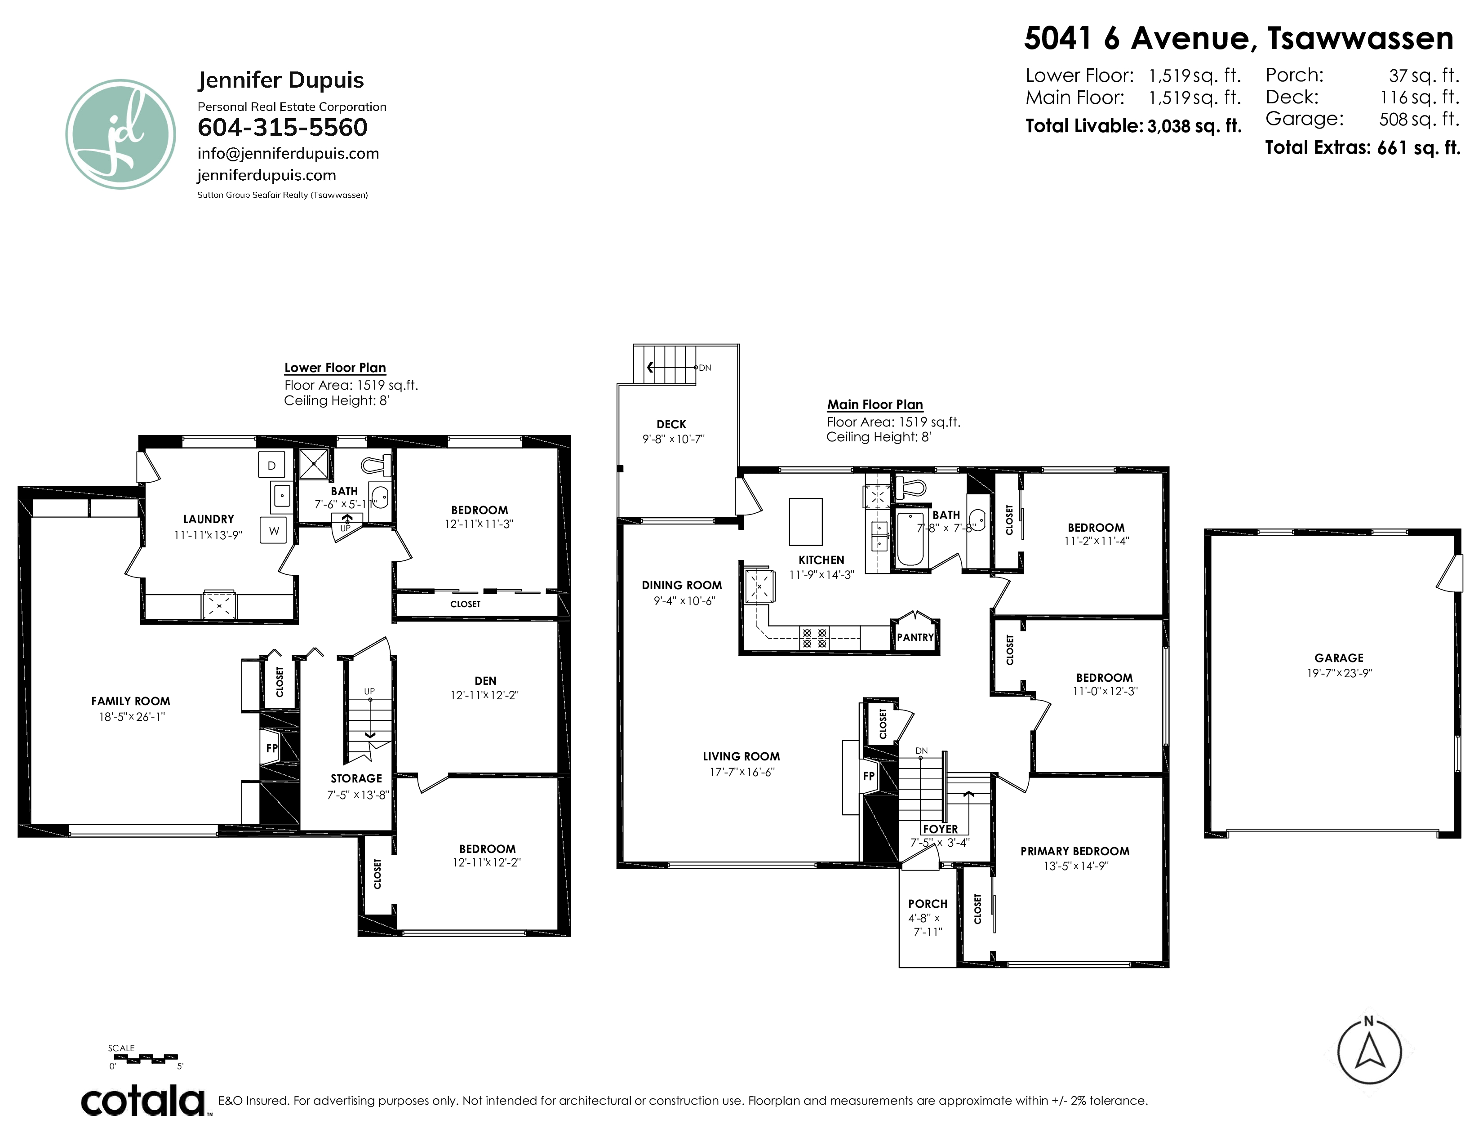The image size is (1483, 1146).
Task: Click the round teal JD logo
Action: (x=121, y=134)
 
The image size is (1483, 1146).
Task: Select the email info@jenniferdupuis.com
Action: (x=288, y=153)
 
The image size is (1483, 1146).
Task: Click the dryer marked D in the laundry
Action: (x=271, y=465)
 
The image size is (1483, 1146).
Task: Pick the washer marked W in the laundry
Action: (x=274, y=530)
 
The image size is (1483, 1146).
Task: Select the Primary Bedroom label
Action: (x=1075, y=851)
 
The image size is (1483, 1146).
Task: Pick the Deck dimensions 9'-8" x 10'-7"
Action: (x=674, y=439)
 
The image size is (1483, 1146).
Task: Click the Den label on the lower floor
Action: (x=485, y=681)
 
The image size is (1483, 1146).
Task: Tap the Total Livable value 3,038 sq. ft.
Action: (x=1194, y=126)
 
